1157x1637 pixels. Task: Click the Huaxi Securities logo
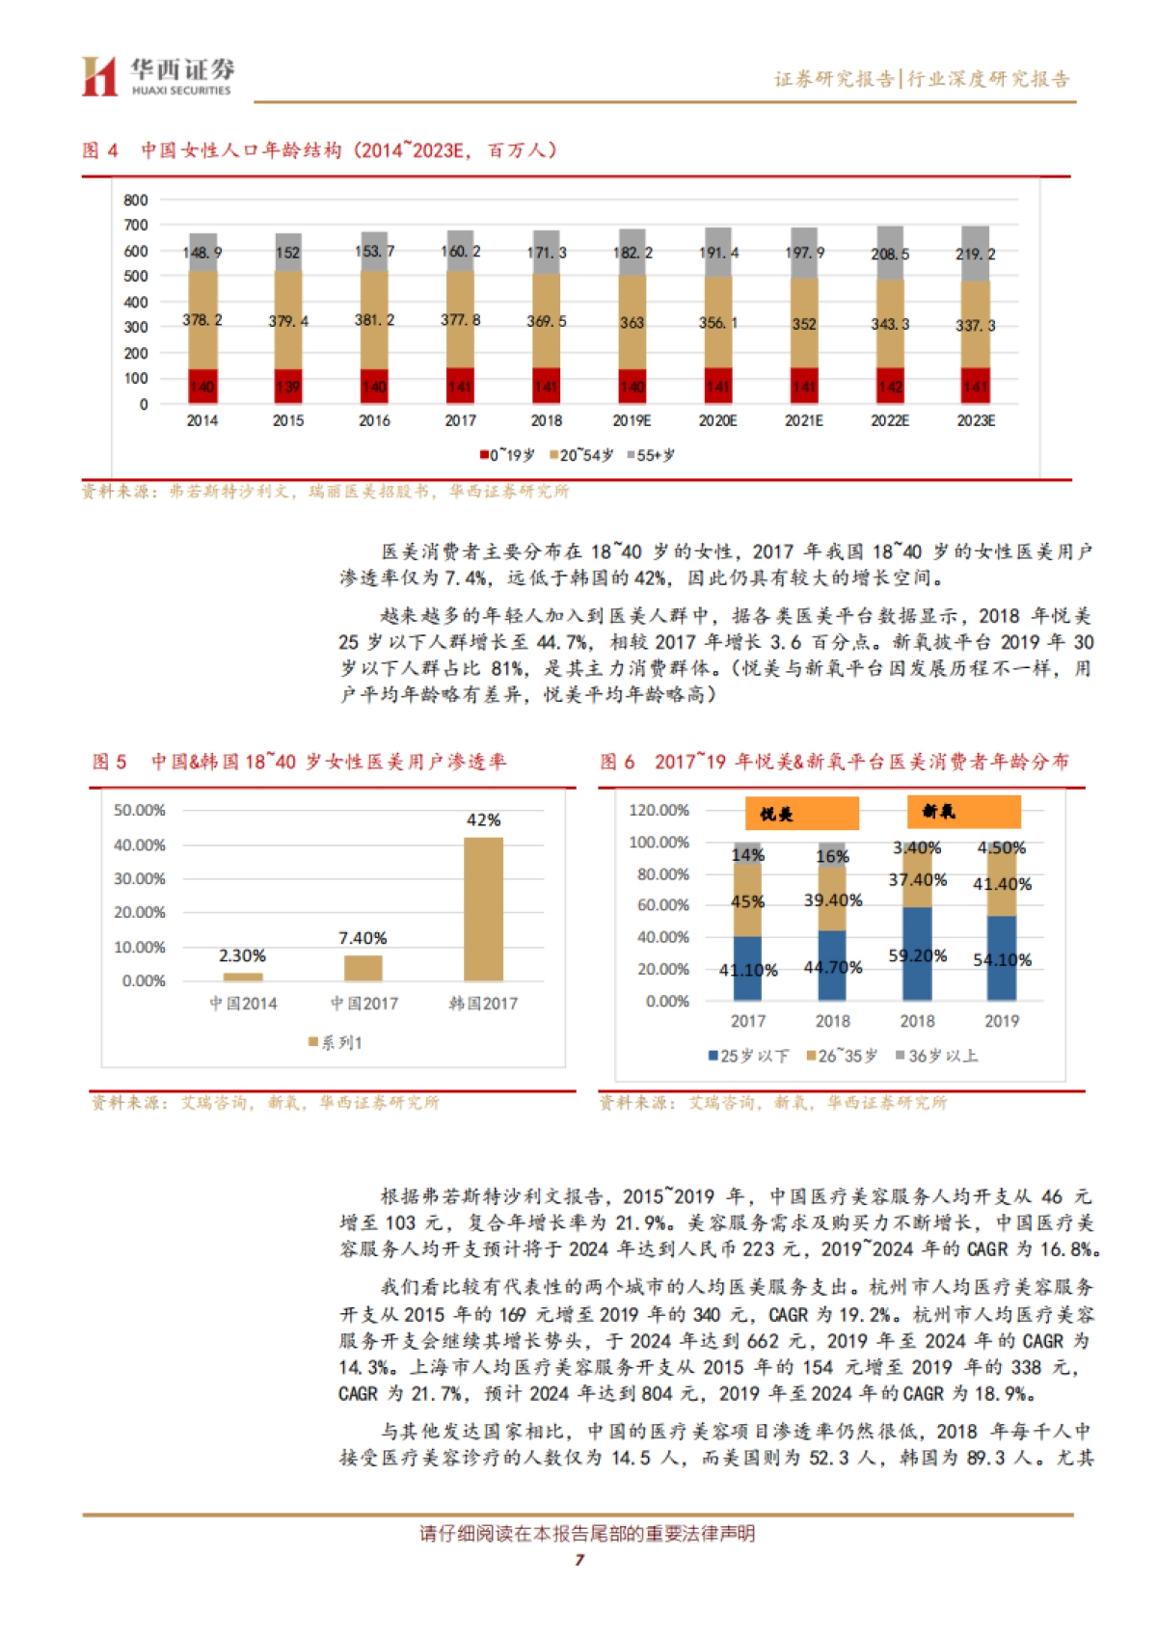157,76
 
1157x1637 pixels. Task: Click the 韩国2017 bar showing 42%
483,908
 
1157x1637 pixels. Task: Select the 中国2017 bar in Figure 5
363,968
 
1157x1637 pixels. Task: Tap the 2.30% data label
242,955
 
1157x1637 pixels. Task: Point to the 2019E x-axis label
632,421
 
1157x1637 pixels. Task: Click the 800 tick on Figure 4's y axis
136,201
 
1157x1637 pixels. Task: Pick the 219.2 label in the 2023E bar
975,255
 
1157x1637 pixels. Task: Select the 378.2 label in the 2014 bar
202,320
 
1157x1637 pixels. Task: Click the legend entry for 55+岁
651,455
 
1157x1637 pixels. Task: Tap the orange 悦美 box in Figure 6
801,814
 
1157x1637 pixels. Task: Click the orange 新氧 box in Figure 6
963,812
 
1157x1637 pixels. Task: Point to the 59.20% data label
917,956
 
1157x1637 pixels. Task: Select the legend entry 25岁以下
748,1056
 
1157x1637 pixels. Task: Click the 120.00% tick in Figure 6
659,810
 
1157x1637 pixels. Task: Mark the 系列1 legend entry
336,1042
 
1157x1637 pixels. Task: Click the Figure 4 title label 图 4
100,150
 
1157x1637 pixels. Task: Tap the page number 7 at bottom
579,1560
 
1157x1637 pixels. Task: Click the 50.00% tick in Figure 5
140,811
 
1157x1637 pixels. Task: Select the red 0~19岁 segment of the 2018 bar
546,386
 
